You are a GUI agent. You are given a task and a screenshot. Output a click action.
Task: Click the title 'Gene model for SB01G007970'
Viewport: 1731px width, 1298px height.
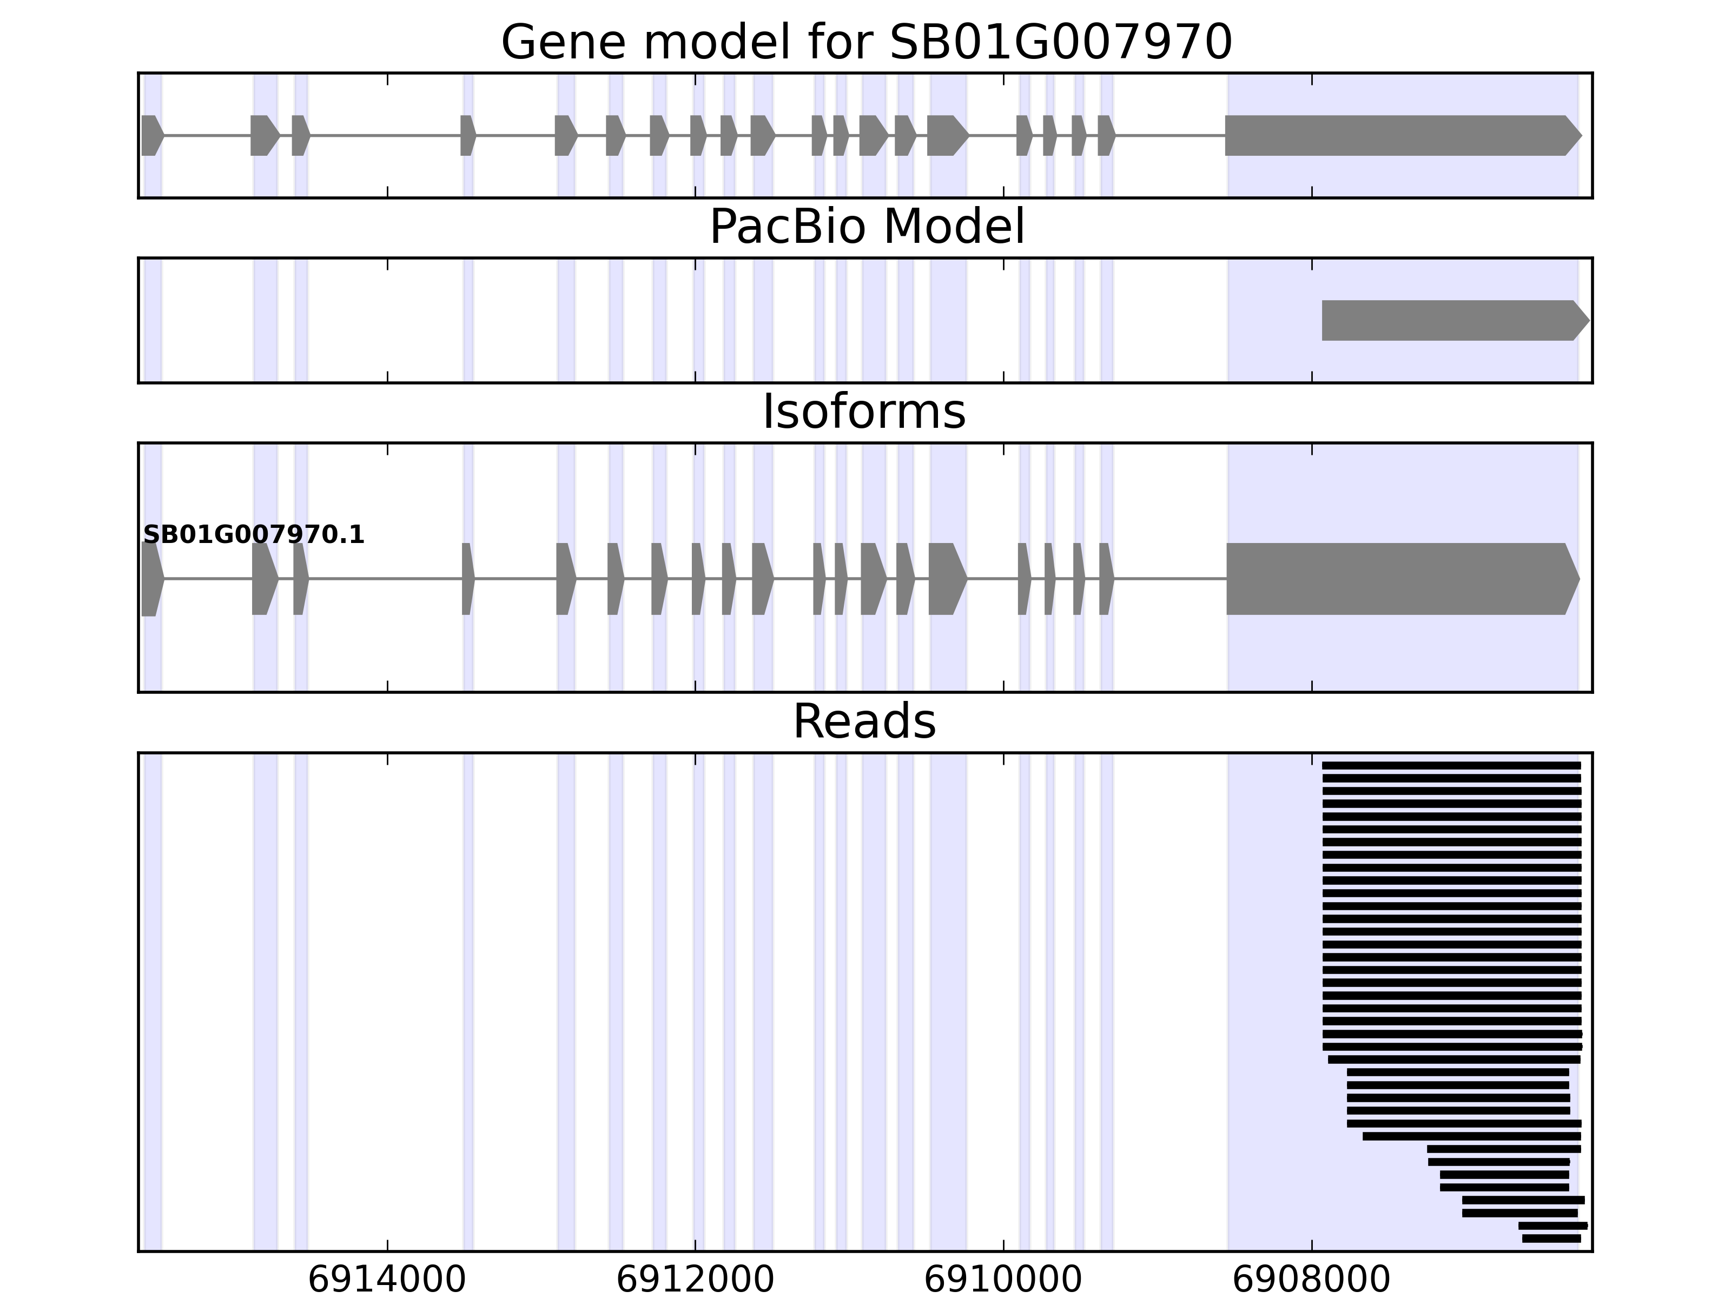coord(866,42)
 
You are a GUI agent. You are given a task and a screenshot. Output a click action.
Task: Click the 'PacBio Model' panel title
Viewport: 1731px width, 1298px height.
coord(866,227)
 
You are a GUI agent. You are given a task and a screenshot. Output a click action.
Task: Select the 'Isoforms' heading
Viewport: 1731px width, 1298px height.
coord(864,412)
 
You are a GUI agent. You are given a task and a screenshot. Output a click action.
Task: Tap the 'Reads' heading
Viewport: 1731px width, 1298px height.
coord(864,721)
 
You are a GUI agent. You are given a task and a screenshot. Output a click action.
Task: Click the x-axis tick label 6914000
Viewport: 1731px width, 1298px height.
coord(387,1280)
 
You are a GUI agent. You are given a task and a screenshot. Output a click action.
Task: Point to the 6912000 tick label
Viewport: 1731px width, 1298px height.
coord(695,1280)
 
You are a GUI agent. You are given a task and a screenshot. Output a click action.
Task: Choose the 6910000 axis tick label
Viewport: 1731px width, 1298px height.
coord(1003,1280)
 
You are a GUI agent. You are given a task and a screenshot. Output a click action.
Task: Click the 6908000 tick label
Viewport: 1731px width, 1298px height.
coord(1312,1280)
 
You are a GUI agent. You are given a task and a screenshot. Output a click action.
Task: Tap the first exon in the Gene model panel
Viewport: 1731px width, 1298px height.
coord(151,135)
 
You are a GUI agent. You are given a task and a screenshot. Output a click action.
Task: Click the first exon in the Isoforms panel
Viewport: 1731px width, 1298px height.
coord(151,579)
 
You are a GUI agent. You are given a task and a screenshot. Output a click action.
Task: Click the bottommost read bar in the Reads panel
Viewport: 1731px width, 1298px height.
coord(1551,1239)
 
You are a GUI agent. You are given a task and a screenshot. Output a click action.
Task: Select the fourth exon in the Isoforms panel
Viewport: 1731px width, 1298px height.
coord(467,579)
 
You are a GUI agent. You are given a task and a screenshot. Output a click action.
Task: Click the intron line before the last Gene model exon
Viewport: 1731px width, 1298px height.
coord(1170,135)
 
